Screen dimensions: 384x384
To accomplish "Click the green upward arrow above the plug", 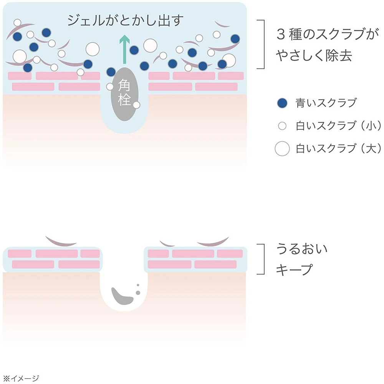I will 123,49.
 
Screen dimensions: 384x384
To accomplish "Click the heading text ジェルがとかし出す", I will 124,20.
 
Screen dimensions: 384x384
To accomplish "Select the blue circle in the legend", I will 282,103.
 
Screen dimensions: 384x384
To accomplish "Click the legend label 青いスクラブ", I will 326,103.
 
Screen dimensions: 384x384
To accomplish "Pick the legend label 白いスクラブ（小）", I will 338,126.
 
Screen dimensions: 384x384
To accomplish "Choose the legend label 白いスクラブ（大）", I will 338,148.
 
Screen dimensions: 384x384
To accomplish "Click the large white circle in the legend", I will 282,149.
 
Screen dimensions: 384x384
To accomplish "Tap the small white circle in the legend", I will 282,126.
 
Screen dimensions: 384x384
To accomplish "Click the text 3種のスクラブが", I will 325,35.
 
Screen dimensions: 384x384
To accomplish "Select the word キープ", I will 294,269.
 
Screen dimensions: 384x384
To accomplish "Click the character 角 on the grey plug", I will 124,84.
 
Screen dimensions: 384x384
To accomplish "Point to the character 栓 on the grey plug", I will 124,101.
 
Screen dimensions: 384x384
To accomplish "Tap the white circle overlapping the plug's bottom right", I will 136,105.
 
